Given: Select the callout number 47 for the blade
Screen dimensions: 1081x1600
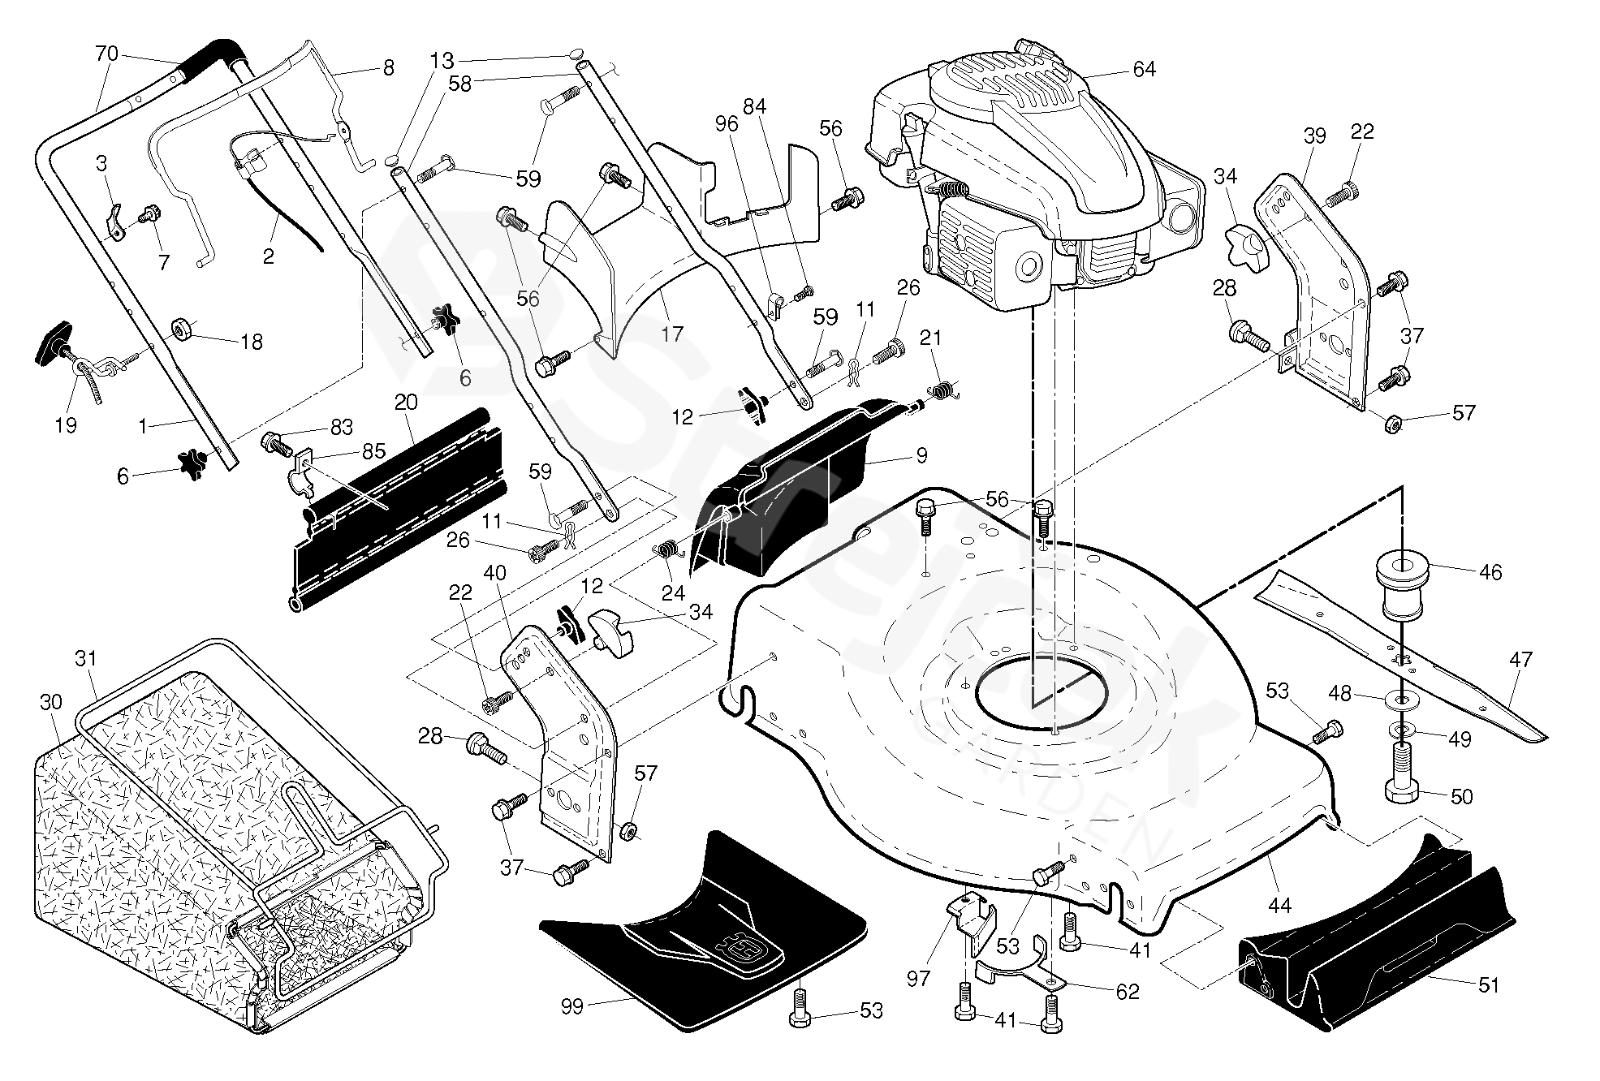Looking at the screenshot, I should tap(1520, 660).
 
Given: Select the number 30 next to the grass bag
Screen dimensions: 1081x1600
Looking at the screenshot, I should tap(50, 702).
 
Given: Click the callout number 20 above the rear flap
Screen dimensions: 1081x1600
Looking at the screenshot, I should tap(406, 402).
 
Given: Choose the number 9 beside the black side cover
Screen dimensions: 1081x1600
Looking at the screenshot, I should tap(921, 456).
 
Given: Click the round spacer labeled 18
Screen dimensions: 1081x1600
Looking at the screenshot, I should tap(180, 329).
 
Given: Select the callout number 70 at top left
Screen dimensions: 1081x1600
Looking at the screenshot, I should tap(106, 54).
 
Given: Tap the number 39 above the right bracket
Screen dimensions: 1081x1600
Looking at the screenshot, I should tap(1314, 136).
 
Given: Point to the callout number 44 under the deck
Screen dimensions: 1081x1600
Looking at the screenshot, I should tap(1279, 904).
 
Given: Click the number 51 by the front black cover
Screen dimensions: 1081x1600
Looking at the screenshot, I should tap(1488, 985).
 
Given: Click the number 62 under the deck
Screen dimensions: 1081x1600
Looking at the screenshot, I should tap(1128, 991).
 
